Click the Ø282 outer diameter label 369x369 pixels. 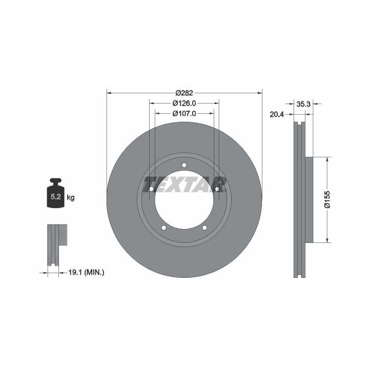(184, 93)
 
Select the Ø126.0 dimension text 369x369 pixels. (184, 103)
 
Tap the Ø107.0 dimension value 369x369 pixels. (184, 113)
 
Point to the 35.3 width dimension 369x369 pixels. (303, 104)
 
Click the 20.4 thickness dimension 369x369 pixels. (277, 115)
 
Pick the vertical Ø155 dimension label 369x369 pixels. (327, 199)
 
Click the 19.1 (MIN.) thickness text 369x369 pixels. (86, 273)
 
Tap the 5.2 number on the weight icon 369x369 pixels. (56, 197)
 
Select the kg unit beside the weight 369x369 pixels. (71, 197)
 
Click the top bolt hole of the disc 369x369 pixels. (184, 165)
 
